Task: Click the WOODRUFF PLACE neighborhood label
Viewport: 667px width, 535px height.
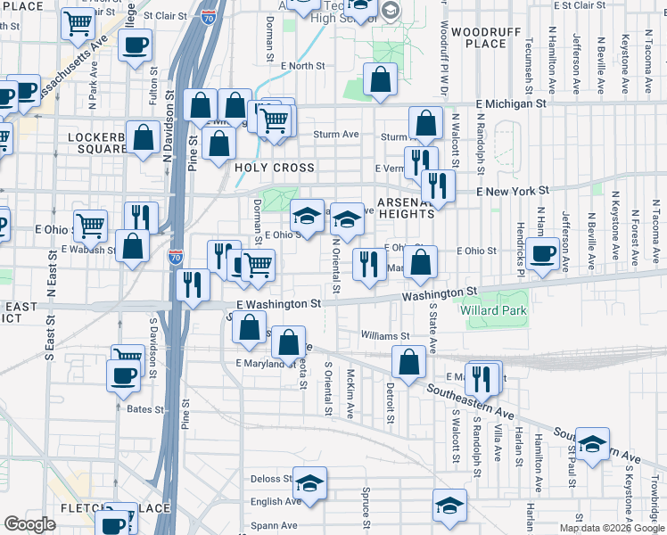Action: [479, 37]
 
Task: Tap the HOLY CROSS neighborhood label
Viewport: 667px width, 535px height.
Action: [275, 168]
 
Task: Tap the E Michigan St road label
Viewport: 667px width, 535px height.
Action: [512, 104]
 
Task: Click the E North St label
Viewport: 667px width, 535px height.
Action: [302, 66]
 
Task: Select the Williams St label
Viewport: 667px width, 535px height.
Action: [385, 336]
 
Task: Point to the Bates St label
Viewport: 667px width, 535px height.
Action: [141, 407]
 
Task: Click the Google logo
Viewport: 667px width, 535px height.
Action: [30, 524]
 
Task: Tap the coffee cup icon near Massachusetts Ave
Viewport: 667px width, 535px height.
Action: [136, 45]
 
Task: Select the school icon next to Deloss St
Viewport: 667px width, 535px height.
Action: [309, 483]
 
